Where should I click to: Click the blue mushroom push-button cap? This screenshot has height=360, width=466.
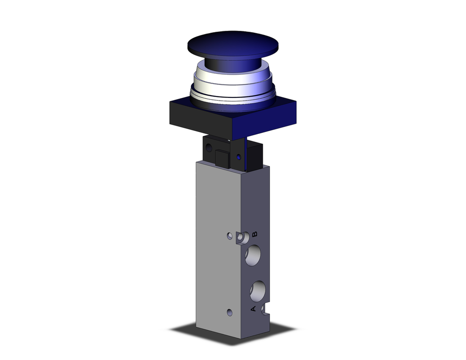[233, 44]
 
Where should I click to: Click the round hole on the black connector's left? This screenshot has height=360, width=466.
[209, 148]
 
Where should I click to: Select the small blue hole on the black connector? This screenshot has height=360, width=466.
[239, 158]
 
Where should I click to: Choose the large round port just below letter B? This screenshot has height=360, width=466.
[254, 256]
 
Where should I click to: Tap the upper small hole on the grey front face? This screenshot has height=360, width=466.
[230, 236]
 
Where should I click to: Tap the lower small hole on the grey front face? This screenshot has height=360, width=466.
[229, 312]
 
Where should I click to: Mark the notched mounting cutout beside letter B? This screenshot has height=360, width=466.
[241, 238]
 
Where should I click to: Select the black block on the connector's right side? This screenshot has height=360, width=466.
[254, 156]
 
